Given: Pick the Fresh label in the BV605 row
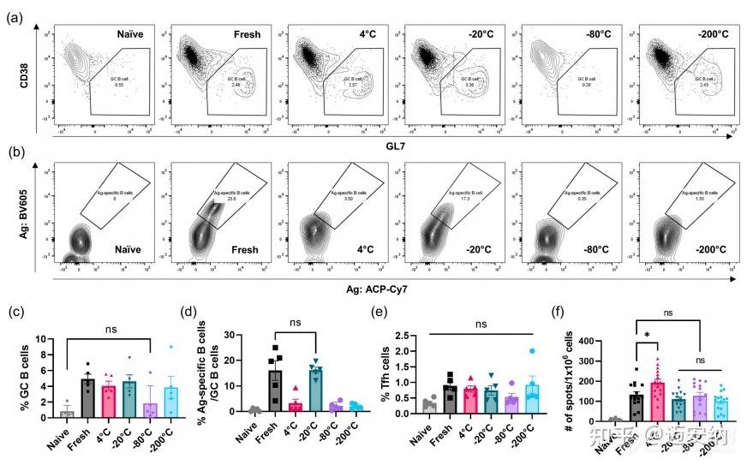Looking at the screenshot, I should tap(245, 250).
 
